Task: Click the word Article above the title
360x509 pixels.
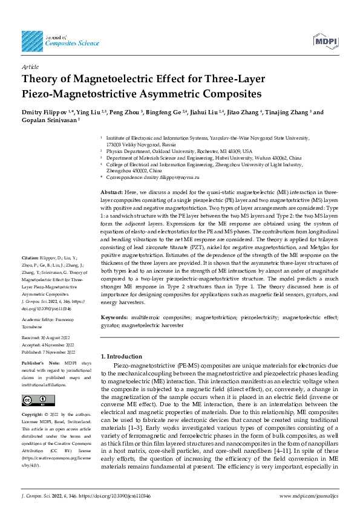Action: click(x=30, y=67)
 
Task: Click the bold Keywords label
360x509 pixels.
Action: click(x=114, y=317)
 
